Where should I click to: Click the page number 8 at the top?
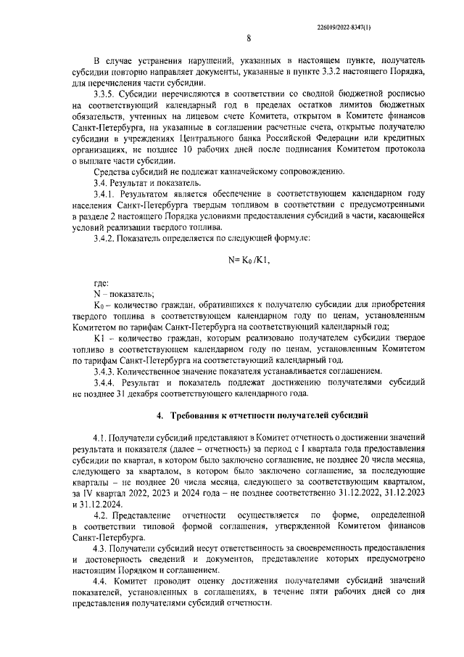click(x=248, y=39)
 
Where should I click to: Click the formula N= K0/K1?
click(x=248, y=260)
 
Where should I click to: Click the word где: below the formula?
click(x=101, y=283)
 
